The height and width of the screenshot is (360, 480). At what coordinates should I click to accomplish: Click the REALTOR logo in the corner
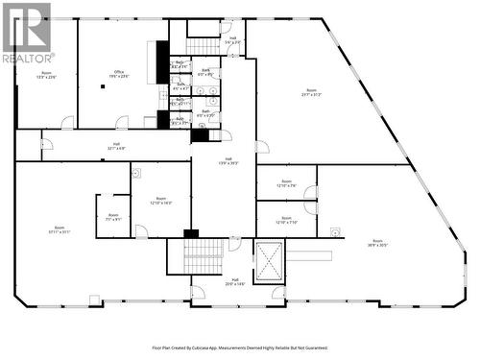(x=26, y=34)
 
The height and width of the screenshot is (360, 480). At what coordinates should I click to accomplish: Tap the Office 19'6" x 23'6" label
(x=119, y=74)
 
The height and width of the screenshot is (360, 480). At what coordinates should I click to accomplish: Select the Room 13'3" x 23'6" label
(x=46, y=74)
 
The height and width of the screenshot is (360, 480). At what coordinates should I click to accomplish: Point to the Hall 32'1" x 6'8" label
(x=116, y=147)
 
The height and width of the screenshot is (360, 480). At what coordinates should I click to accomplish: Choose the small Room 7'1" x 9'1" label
(x=113, y=217)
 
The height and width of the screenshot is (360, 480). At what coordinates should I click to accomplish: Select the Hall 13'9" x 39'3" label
(x=228, y=161)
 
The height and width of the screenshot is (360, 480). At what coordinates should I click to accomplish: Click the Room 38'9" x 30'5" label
(x=377, y=243)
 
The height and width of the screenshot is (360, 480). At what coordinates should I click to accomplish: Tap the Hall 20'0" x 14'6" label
(x=234, y=282)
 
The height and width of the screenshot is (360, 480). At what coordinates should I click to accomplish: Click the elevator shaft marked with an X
(x=269, y=262)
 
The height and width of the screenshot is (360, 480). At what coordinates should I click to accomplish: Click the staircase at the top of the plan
(x=203, y=45)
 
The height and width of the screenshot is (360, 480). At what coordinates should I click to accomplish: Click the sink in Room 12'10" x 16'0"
(x=137, y=175)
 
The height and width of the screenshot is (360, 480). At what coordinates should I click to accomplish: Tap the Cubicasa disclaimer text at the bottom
(x=239, y=348)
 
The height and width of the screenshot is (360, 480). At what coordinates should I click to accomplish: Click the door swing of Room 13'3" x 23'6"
(x=67, y=122)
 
